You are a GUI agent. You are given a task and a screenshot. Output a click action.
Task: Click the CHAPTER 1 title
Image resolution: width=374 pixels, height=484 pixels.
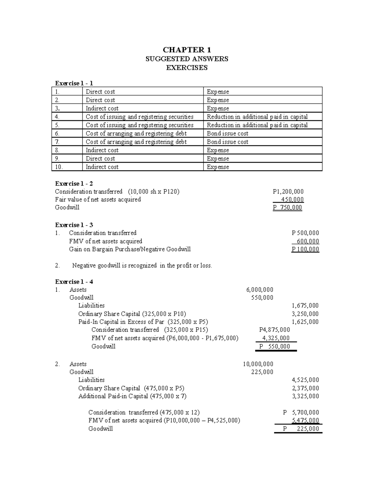coord(187,50)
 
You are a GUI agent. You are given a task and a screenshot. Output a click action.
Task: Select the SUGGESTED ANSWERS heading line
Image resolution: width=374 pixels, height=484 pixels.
coord(187,59)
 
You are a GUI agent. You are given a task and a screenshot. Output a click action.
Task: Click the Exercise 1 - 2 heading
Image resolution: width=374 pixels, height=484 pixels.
coord(74,184)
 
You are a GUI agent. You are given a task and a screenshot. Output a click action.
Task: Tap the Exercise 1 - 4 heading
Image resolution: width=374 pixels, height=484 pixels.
coord(74,282)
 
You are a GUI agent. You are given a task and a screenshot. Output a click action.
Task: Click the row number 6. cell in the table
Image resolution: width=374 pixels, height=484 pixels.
coord(57,134)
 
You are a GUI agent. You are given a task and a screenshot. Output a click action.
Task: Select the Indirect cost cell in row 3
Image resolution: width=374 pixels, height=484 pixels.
coord(102,108)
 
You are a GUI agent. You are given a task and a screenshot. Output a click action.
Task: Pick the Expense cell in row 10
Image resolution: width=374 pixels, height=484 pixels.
coord(218,167)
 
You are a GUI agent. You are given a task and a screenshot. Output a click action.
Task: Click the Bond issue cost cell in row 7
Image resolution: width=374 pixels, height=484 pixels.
coord(228,142)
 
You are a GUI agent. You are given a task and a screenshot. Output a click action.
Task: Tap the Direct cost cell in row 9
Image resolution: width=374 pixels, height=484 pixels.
coord(100,159)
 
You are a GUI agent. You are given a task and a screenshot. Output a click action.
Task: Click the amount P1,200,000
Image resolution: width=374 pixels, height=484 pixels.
coord(288,192)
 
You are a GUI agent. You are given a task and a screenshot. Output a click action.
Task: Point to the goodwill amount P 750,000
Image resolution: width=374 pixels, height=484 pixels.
coord(287,208)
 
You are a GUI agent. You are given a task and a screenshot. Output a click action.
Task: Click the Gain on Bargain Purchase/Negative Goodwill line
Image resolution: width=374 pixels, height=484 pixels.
coord(130,249)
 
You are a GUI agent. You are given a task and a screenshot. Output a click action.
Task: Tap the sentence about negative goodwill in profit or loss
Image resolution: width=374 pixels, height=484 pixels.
coord(142,266)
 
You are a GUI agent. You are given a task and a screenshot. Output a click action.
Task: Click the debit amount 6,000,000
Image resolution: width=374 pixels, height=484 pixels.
coord(260,290)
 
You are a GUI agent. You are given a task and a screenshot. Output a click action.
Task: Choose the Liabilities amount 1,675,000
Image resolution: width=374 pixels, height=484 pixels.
coord(305,306)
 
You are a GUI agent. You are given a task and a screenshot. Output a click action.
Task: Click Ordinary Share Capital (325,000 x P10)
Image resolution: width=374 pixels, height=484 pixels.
coord(132,314)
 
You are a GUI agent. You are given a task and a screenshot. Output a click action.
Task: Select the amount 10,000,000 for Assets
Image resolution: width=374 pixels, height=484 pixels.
coord(258,364)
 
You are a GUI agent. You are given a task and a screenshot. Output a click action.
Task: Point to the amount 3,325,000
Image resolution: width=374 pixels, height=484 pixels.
coord(305,396)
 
